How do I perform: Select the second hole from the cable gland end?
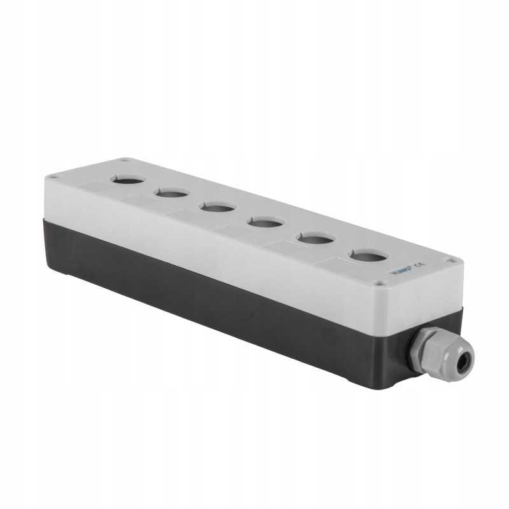tap(316, 239)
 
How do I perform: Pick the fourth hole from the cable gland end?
tap(218, 206)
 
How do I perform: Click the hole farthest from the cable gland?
tap(127, 179)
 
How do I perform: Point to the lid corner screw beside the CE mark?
tap(451, 260)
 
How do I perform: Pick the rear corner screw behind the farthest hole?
tap(126, 160)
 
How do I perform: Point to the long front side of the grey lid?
tap(210, 235)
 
